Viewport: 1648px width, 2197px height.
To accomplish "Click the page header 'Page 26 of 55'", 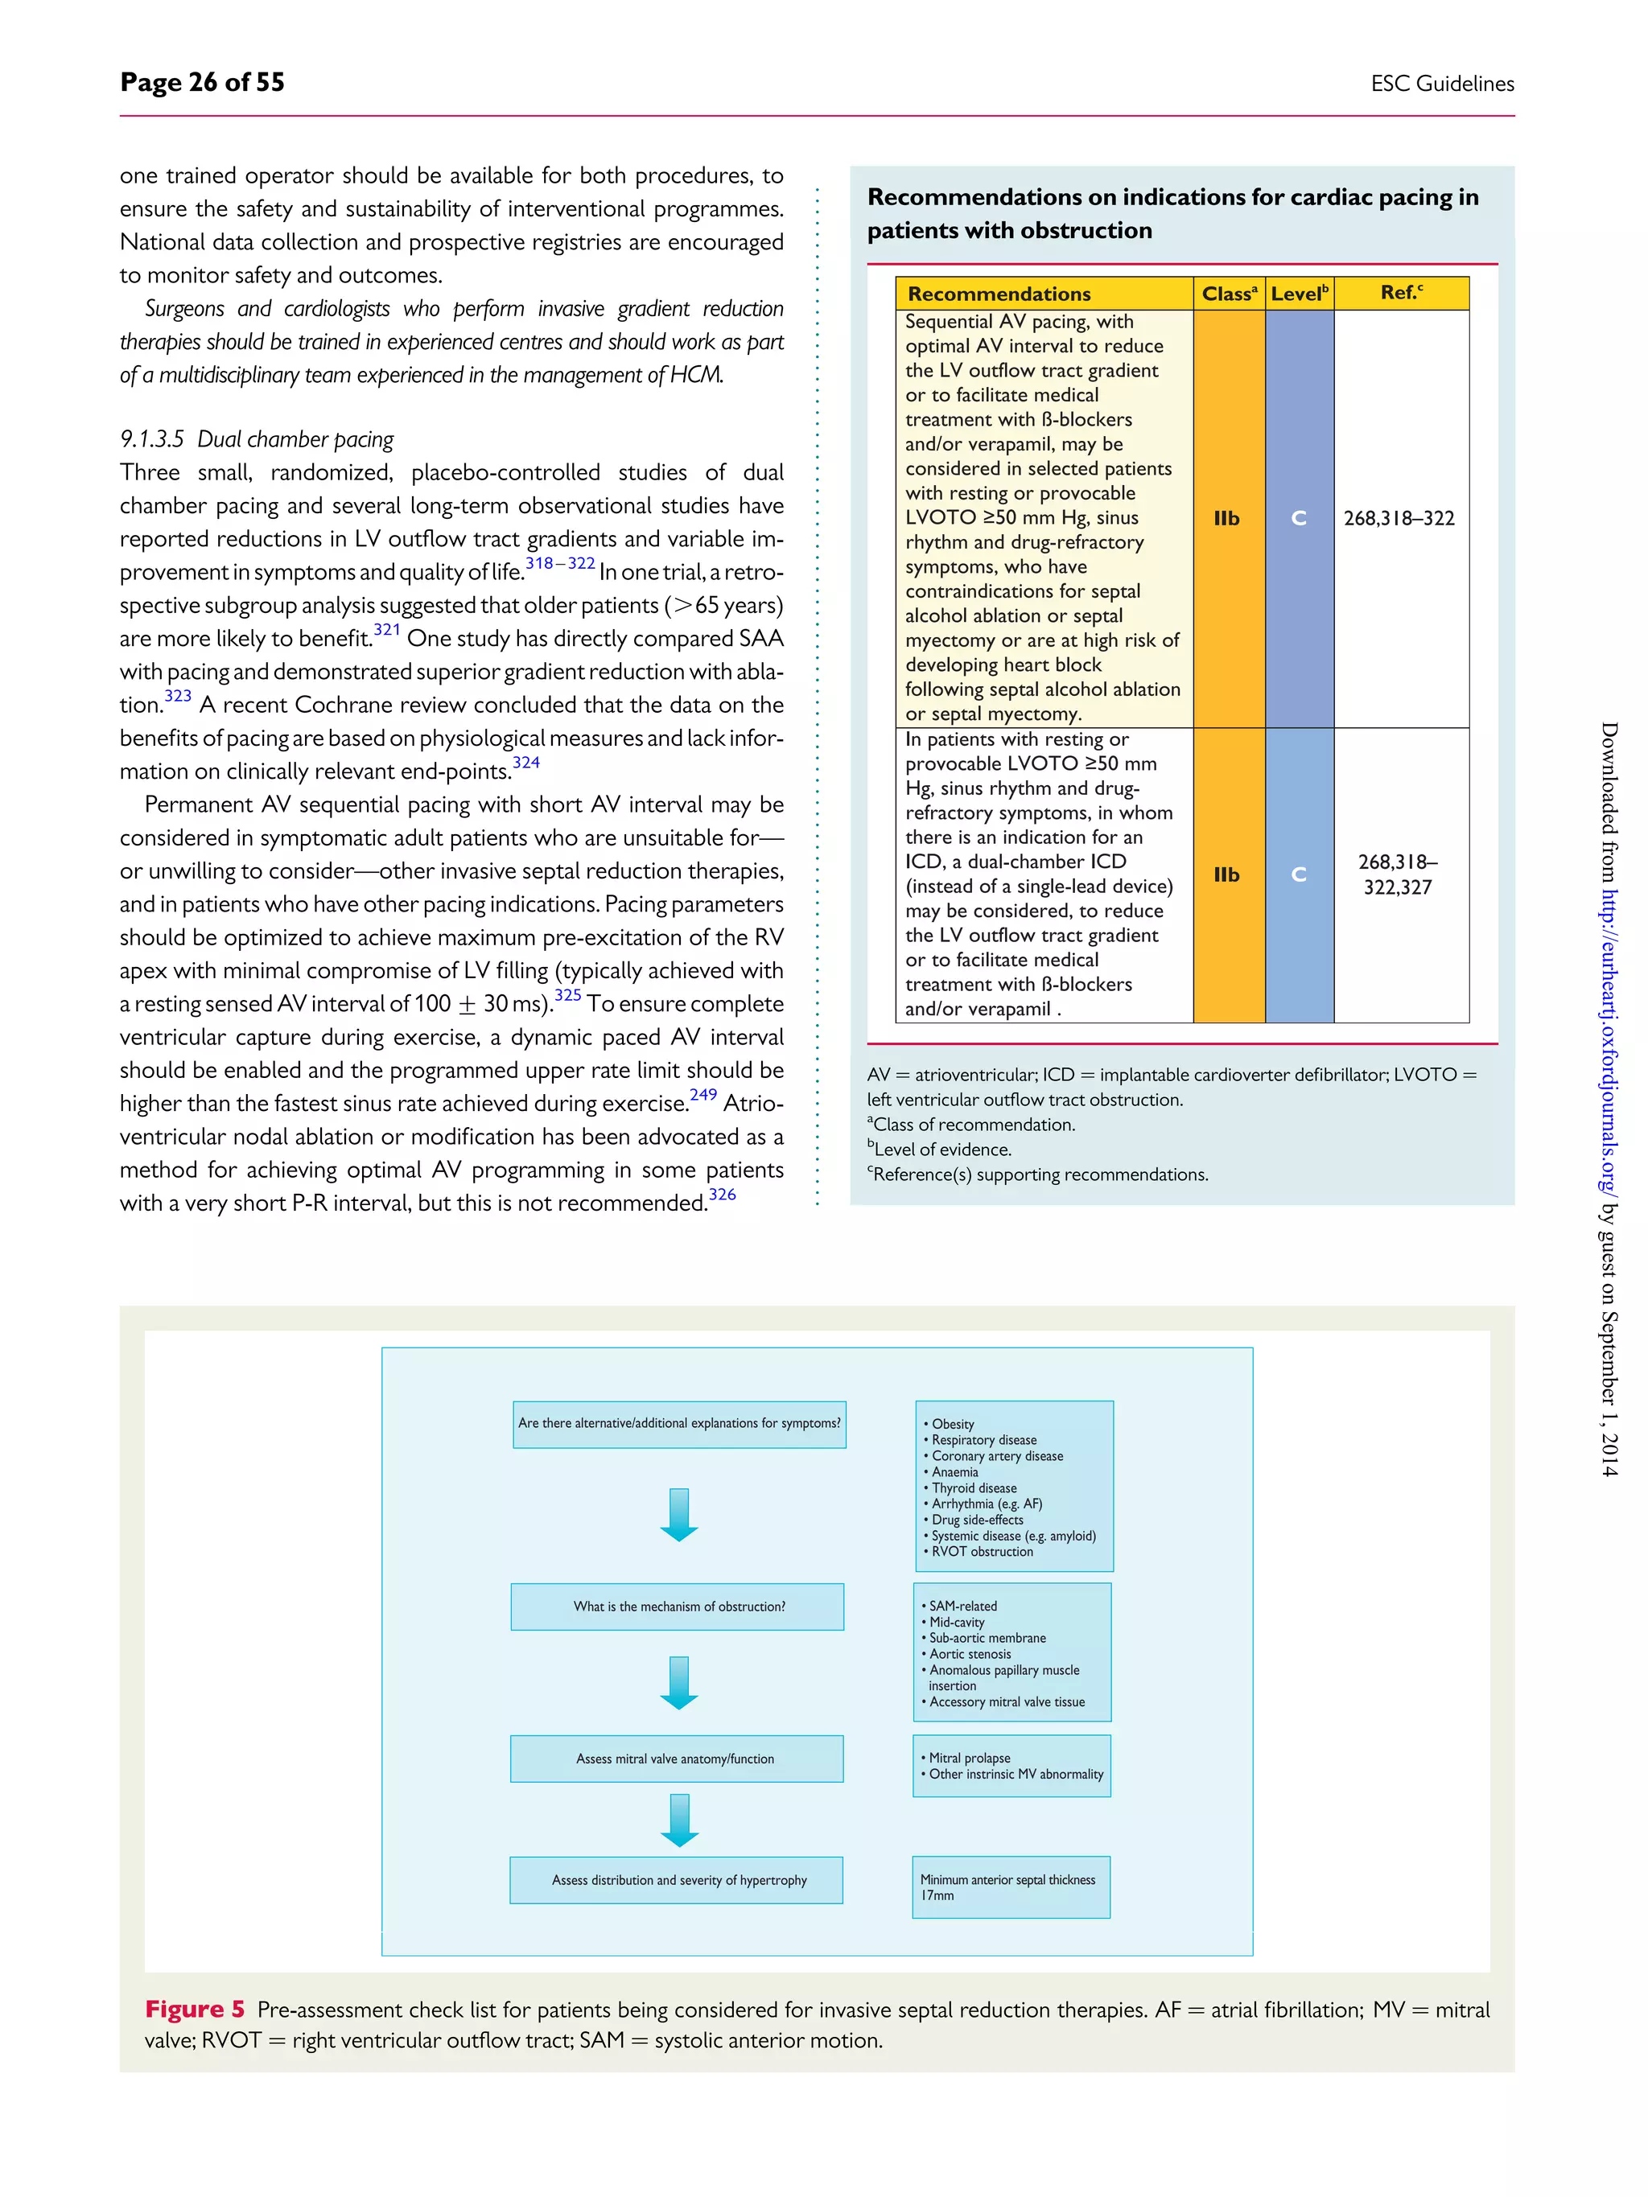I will click(202, 82).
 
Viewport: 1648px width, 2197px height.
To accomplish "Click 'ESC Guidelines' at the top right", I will click(1441, 84).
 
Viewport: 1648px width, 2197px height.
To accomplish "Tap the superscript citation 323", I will click(178, 696).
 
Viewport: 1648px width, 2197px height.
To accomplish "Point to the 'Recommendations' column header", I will click(999, 294).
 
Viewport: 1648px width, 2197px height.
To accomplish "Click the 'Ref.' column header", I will click(1401, 293).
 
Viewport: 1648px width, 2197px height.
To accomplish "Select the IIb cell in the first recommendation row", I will click(1227, 518).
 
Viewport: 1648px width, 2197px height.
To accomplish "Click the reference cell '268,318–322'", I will click(1399, 518).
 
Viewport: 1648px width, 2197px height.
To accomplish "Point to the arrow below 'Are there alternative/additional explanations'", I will click(679, 1515).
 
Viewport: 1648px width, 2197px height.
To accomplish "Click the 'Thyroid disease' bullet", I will click(973, 1487).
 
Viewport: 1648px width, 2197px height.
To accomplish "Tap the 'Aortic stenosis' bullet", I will click(969, 1654).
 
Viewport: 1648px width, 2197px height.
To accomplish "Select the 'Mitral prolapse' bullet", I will click(969, 1758).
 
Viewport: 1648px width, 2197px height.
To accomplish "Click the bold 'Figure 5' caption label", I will click(195, 2010).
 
